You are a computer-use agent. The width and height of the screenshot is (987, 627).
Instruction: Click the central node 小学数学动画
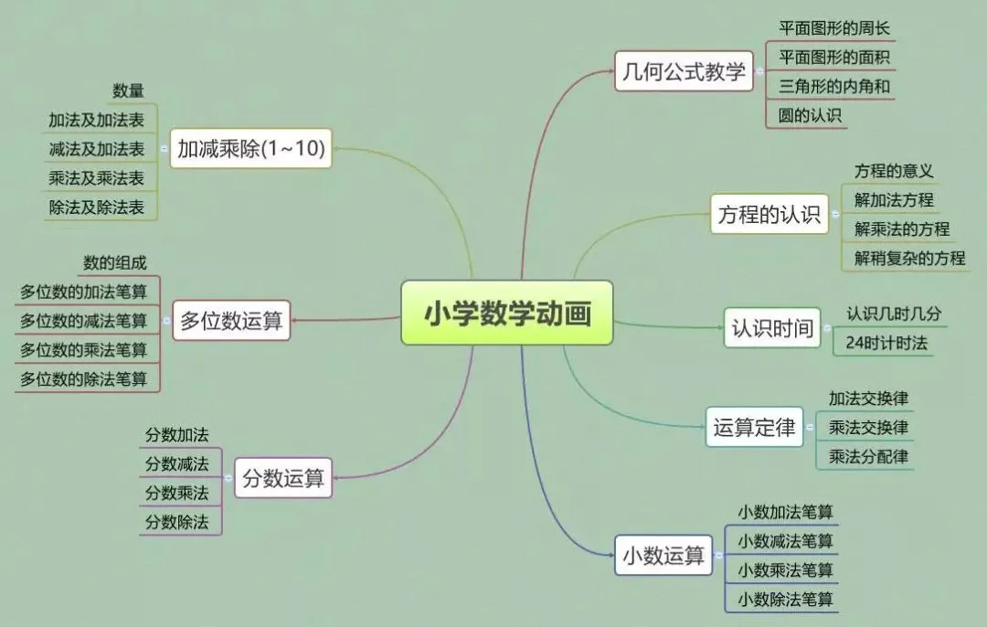click(x=506, y=313)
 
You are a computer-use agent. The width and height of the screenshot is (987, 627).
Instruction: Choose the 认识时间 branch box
click(x=771, y=328)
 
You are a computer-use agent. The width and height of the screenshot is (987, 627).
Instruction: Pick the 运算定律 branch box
click(x=754, y=427)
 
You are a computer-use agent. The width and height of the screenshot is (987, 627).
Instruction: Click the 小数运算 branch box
click(x=663, y=555)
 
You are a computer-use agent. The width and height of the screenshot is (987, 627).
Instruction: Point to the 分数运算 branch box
click(x=283, y=477)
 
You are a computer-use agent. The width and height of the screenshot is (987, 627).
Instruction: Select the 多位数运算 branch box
click(x=231, y=321)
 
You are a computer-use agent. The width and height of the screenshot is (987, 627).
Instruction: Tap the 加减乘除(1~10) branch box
click(x=251, y=147)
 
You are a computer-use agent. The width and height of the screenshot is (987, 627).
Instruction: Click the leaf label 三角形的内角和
click(x=834, y=87)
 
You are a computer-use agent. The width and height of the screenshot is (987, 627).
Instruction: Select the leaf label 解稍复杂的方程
click(x=909, y=258)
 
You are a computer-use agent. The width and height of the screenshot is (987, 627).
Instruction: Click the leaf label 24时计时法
click(x=886, y=343)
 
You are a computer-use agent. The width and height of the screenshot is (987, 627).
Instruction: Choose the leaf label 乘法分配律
click(x=867, y=456)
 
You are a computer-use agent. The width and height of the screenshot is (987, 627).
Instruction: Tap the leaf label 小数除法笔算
click(x=785, y=600)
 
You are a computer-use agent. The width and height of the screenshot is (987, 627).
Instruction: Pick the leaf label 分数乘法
click(x=176, y=493)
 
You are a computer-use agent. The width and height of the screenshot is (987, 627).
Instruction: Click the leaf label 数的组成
click(x=115, y=262)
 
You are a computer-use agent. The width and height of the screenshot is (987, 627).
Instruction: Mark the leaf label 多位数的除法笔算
click(x=83, y=378)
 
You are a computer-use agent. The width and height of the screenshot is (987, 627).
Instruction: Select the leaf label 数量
click(x=128, y=90)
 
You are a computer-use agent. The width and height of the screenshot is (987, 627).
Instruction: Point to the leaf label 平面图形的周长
click(x=833, y=27)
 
